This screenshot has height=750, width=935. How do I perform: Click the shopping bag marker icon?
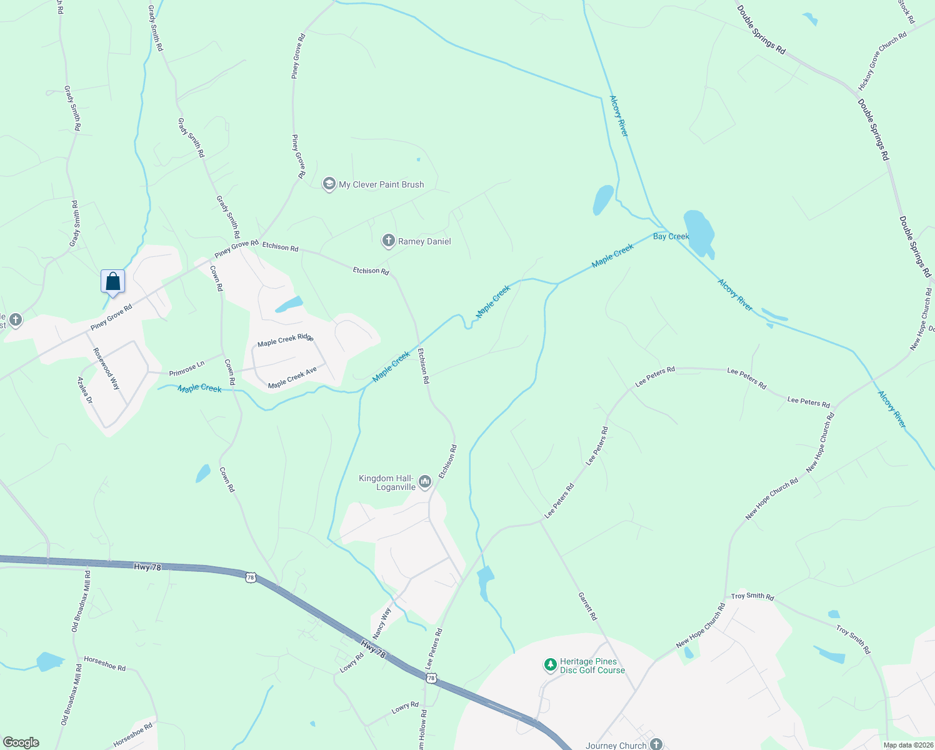[112, 281]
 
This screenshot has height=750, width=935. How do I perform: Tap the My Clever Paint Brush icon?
[329, 184]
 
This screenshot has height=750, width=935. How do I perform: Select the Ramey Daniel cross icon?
[388, 241]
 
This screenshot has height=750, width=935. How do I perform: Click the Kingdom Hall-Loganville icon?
[425, 481]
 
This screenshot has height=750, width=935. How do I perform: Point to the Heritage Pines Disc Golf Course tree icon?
[550, 664]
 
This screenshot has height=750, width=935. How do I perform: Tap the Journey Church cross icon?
[656, 744]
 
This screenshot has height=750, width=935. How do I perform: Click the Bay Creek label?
[671, 236]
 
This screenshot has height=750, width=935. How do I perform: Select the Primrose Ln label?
[186, 369]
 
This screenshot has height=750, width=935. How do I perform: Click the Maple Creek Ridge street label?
[286, 340]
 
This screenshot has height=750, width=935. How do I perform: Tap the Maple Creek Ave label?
[292, 378]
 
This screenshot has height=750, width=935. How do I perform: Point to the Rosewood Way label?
[106, 369]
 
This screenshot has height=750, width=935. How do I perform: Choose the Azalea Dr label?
[84, 390]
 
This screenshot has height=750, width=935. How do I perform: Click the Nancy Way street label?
[381, 622]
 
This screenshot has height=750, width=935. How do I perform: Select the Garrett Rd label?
[587, 606]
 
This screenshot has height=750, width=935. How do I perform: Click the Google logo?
[21, 742]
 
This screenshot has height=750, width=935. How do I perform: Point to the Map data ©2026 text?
[907, 745]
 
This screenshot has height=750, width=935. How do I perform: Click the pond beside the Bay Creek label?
[699, 232]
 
